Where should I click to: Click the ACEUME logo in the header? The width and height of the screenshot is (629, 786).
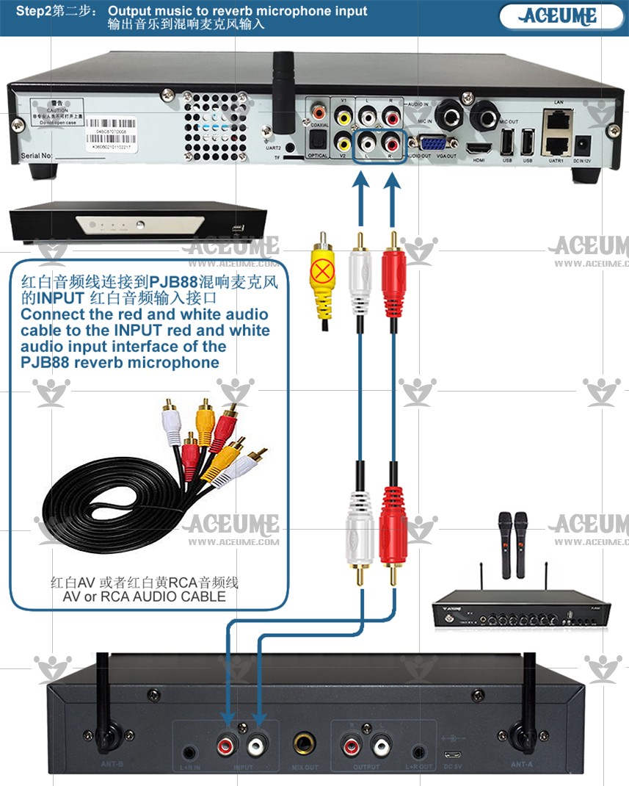pyautogui.click(x=559, y=16)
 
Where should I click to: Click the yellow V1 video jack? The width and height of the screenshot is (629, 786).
pyautogui.click(x=343, y=116)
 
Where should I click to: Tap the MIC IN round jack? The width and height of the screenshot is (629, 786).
pyautogui.click(x=448, y=115)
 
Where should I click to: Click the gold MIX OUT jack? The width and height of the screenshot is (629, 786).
pyautogui.click(x=303, y=746)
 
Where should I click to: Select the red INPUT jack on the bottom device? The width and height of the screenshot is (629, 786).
pyautogui.click(x=228, y=746)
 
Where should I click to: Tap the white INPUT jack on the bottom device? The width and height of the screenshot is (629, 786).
pyautogui.click(x=257, y=746)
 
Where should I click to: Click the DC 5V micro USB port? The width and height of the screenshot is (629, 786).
pyautogui.click(x=452, y=755)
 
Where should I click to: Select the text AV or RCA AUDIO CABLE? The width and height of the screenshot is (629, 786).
pyautogui.click(x=144, y=596)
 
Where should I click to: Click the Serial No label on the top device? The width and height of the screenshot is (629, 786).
pyautogui.click(x=37, y=155)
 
